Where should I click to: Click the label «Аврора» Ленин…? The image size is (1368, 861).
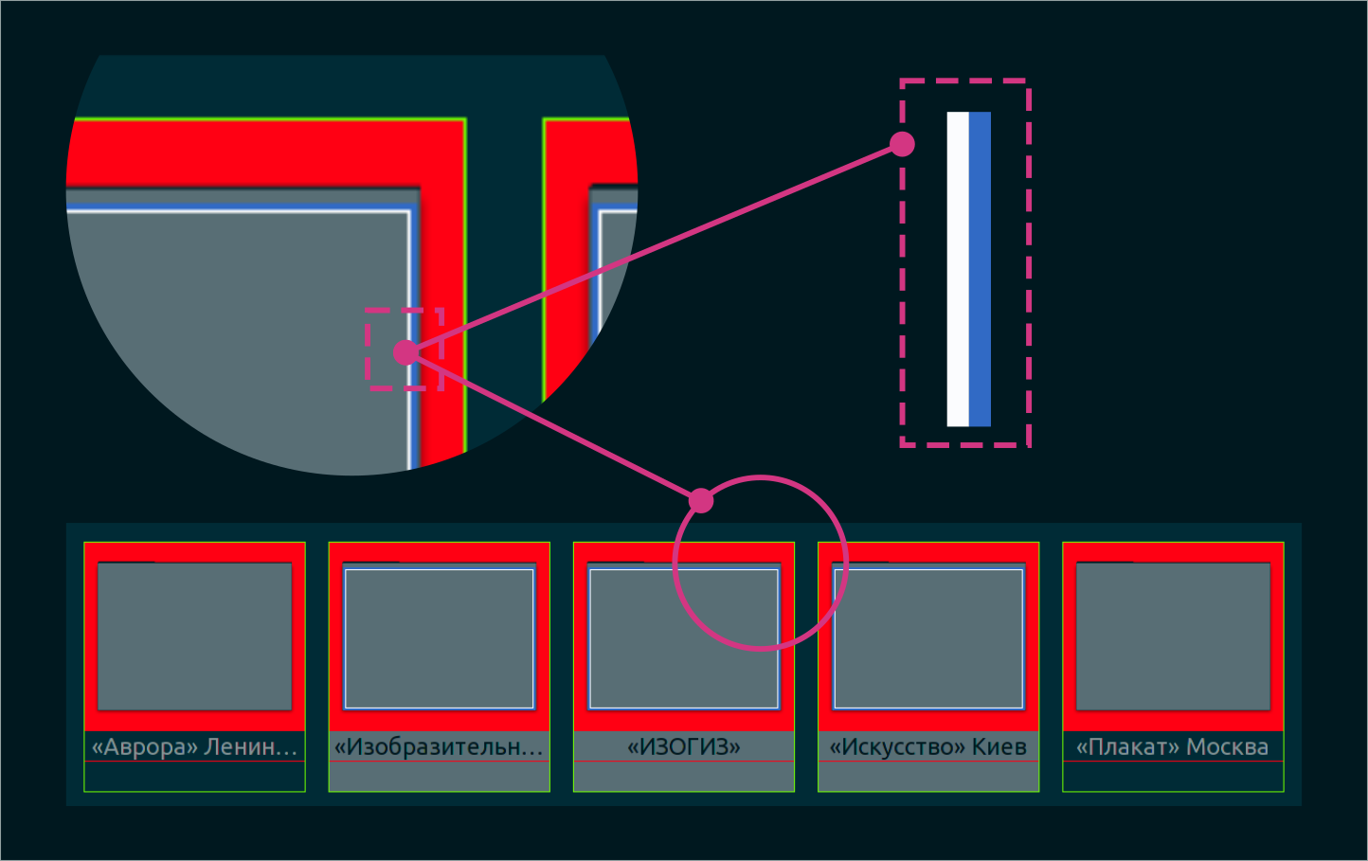click(x=194, y=746)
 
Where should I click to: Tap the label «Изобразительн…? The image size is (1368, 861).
click(x=439, y=746)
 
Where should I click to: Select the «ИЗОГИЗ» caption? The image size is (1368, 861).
click(x=683, y=746)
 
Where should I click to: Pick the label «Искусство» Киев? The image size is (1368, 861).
click(x=927, y=746)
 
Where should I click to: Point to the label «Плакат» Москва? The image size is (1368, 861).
click(x=1172, y=746)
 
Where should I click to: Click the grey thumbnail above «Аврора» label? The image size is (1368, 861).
click(x=194, y=636)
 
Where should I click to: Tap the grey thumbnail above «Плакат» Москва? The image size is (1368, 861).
click(x=1173, y=636)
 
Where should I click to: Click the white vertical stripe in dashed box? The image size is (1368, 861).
click(x=958, y=269)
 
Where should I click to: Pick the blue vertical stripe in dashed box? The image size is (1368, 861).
click(x=980, y=269)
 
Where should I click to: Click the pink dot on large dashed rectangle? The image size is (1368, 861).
click(x=902, y=144)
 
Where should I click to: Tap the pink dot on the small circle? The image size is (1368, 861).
click(x=701, y=500)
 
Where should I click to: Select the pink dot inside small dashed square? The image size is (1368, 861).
click(x=405, y=352)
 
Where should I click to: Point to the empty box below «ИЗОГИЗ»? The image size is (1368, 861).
click(x=683, y=777)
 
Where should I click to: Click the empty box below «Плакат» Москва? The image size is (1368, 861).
click(x=1172, y=777)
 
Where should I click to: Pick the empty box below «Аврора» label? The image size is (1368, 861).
click(x=194, y=777)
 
